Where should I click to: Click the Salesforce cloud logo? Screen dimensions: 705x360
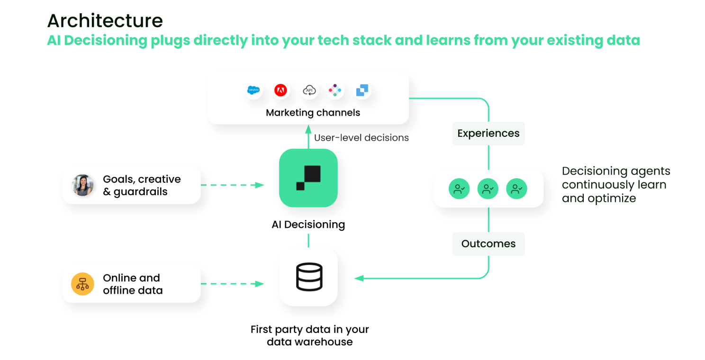point(253,90)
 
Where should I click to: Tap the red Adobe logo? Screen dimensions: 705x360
point(280,90)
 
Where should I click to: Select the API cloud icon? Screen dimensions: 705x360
point(309,90)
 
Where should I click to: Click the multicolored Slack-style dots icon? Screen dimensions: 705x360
point(335,90)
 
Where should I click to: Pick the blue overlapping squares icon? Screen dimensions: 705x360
point(362,90)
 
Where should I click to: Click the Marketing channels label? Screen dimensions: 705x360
point(313,113)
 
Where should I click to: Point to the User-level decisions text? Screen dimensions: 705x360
point(362,137)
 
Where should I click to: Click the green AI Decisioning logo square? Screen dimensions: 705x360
point(308,178)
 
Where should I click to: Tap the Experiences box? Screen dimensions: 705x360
point(488,134)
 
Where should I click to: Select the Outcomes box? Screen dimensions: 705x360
point(488,244)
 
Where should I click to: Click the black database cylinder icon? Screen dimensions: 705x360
point(309,277)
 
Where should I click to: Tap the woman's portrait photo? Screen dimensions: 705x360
point(82,185)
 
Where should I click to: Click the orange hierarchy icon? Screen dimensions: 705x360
point(82,284)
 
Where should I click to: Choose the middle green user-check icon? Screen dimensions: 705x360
point(488,189)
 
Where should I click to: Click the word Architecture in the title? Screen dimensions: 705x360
point(105,21)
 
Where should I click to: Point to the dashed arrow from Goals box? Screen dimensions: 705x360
point(232,185)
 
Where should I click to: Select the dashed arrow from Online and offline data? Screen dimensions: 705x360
point(232,284)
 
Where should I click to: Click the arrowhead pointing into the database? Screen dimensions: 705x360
point(359,278)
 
